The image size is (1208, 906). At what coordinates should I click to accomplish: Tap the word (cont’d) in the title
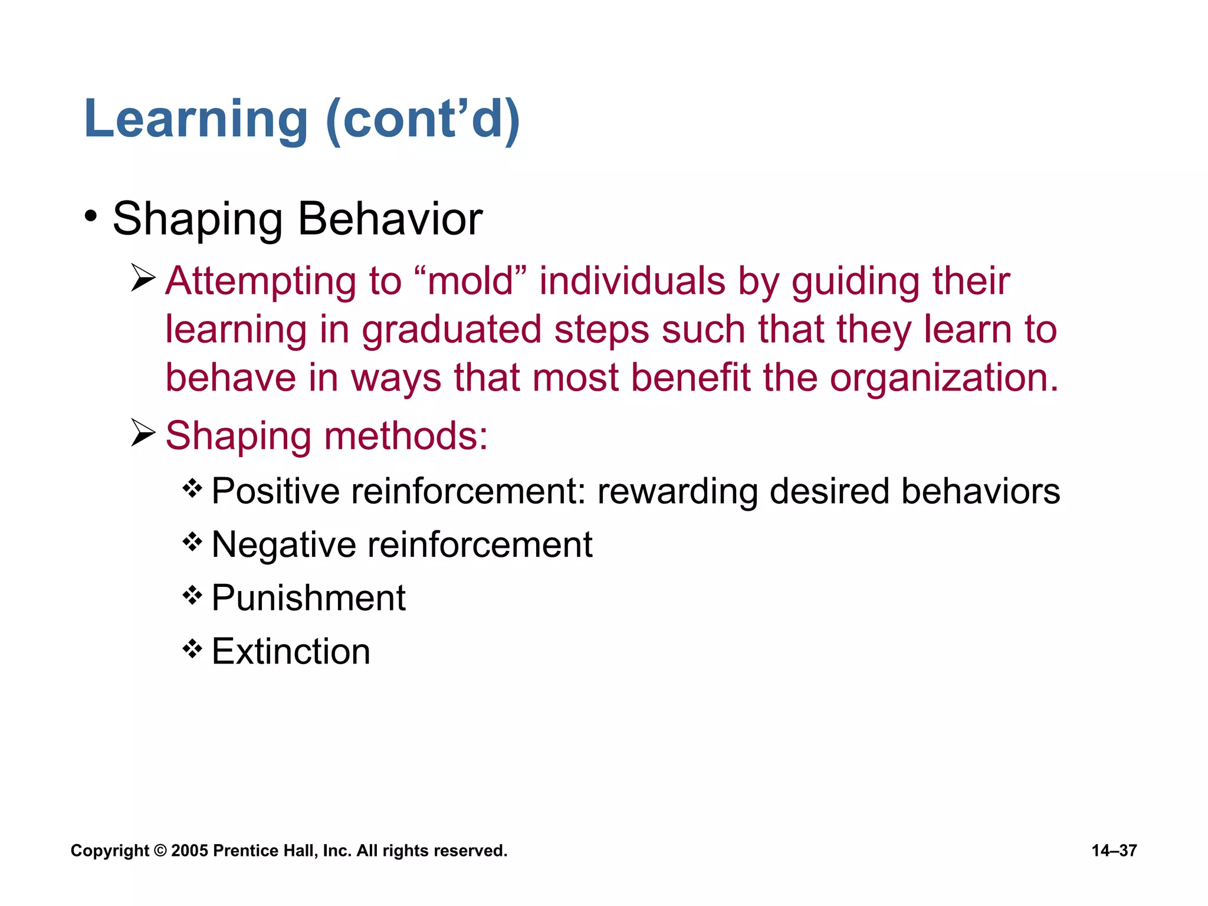tap(422, 120)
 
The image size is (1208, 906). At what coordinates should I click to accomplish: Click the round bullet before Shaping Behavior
tap(90, 216)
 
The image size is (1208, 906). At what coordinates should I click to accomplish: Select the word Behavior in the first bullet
tap(390, 219)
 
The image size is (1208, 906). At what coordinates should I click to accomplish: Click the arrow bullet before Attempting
tap(143, 278)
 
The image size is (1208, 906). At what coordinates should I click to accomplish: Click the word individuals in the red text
tap(632, 281)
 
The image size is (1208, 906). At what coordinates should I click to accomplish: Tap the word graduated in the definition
tap(451, 330)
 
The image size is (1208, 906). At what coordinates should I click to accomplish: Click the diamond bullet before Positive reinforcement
tap(192, 488)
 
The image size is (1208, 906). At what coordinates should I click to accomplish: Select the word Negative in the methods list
tap(283, 544)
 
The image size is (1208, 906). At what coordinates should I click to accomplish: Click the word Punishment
tap(308, 598)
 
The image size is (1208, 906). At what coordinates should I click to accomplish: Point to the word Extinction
tap(291, 652)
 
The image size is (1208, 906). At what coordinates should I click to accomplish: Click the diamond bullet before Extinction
tap(192, 649)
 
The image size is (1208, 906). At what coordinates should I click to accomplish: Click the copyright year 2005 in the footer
tap(189, 851)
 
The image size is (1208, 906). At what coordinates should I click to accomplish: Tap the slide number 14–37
tap(1114, 851)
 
